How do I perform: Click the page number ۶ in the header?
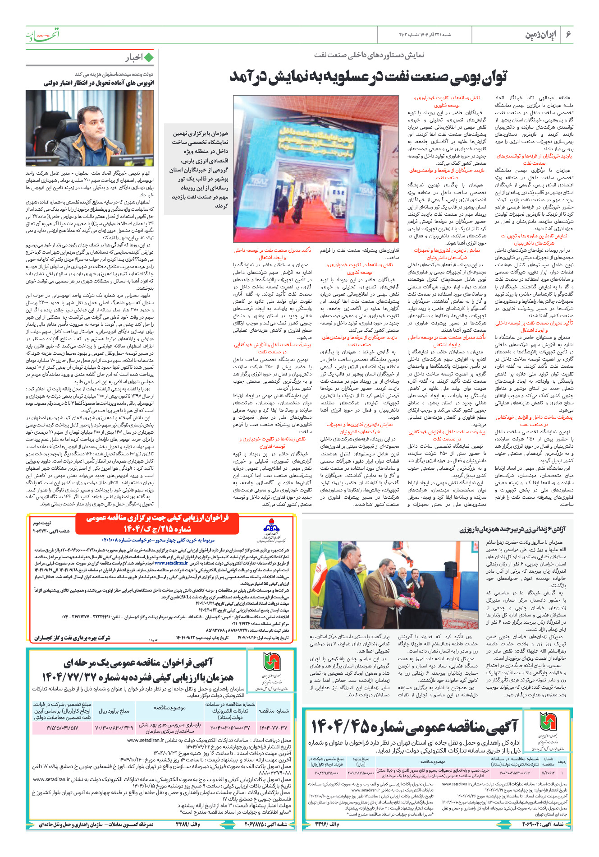click(x=568, y=34)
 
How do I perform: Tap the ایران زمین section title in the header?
click(x=541, y=35)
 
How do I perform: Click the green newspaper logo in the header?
click(x=42, y=34)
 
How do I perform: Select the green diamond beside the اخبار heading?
click(x=149, y=57)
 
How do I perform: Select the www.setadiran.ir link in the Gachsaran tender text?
click(x=171, y=563)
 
